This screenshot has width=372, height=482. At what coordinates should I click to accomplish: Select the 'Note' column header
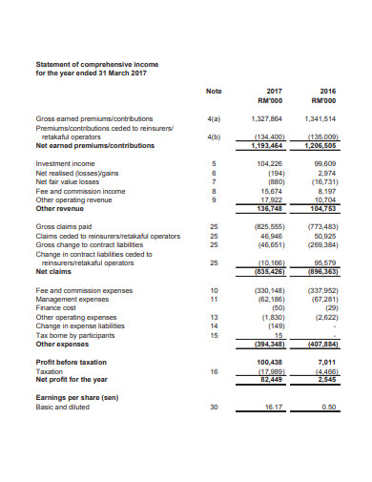[214, 91]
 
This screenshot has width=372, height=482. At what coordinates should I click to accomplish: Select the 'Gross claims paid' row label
[65, 226]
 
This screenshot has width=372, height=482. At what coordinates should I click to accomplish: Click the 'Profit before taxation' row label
[72, 362]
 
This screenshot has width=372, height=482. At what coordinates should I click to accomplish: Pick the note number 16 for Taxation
[214, 370]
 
